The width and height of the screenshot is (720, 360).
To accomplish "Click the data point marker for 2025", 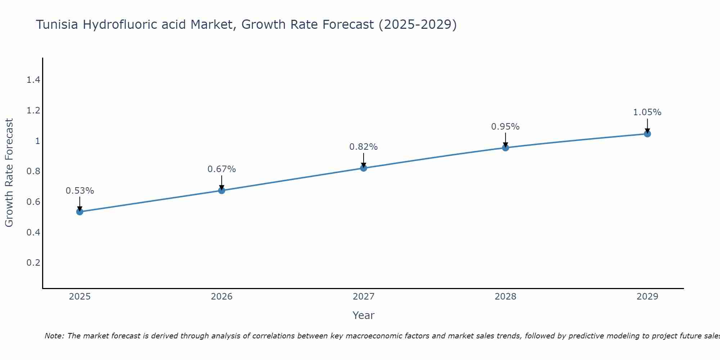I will point(80,212).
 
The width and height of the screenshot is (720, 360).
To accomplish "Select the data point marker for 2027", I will point(364,168).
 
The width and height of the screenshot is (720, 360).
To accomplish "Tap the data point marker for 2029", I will point(647,134).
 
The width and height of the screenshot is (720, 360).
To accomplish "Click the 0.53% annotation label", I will point(80,191).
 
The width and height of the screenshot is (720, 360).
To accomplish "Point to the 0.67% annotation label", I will point(222,169).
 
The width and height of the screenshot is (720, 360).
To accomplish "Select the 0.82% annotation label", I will point(364,147).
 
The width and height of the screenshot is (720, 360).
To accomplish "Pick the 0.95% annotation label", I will point(505,127).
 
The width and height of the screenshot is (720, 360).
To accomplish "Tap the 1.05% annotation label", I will point(647,112).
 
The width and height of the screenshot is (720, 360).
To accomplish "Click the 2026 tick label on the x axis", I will point(222,297).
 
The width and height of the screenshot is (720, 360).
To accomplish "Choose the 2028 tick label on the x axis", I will point(505,297).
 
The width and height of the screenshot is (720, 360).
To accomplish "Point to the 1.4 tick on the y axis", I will point(33,80).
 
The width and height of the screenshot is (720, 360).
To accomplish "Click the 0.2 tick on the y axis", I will point(33,262).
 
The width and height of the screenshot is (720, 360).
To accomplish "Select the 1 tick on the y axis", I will point(37,141).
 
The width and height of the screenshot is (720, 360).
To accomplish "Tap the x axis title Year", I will point(364,315).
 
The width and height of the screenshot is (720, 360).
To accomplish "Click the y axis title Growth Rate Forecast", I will point(9,173).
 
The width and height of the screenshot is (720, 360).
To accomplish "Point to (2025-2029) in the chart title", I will point(418,24).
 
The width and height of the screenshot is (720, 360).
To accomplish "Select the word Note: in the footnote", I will point(54,336).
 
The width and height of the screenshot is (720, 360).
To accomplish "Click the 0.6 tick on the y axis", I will point(33,202).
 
